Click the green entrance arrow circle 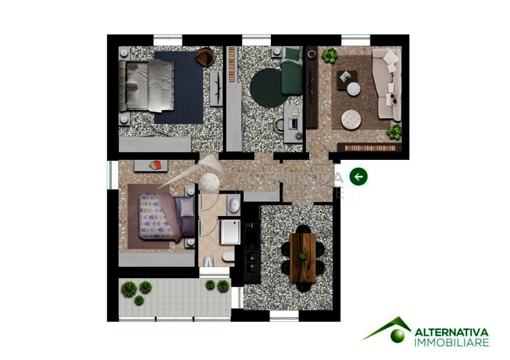[359, 177]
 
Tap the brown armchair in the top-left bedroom [206, 57]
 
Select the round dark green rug [267, 88]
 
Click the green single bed [292, 71]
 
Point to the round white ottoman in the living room [351, 120]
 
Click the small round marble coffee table [354, 89]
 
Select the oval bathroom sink [234, 205]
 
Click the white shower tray [230, 232]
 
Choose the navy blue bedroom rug [179, 87]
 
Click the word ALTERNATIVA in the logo [451, 332]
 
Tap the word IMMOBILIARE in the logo [451, 343]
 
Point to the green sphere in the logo [397, 336]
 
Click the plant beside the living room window [330, 55]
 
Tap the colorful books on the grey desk [155, 165]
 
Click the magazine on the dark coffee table [346, 77]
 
